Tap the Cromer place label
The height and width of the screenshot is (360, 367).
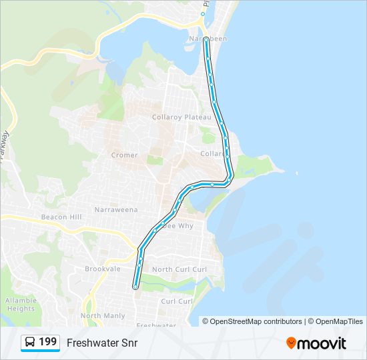pyautogui.click(x=124, y=155)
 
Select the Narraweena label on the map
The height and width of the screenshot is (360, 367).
pyautogui.click(x=116, y=210)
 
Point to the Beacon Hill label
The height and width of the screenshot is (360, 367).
pyautogui.click(x=61, y=217)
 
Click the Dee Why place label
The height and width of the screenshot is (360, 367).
pyautogui.click(x=179, y=226)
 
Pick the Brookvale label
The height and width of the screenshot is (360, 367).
pyautogui.click(x=102, y=269)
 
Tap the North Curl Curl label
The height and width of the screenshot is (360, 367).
pyautogui.click(x=180, y=269)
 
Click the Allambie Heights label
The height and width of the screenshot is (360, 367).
pyautogui.click(x=21, y=305)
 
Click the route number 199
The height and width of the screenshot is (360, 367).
pyautogui.click(x=48, y=342)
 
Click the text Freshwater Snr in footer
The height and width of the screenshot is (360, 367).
pyautogui.click(x=101, y=343)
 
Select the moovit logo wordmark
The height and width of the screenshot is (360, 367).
pyautogui.click(x=322, y=343)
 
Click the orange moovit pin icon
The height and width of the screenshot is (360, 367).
pyautogui.click(x=291, y=343)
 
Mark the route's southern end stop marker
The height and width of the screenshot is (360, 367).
pyautogui.click(x=135, y=287)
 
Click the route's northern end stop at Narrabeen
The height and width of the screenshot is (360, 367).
pyautogui.click(x=206, y=40)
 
